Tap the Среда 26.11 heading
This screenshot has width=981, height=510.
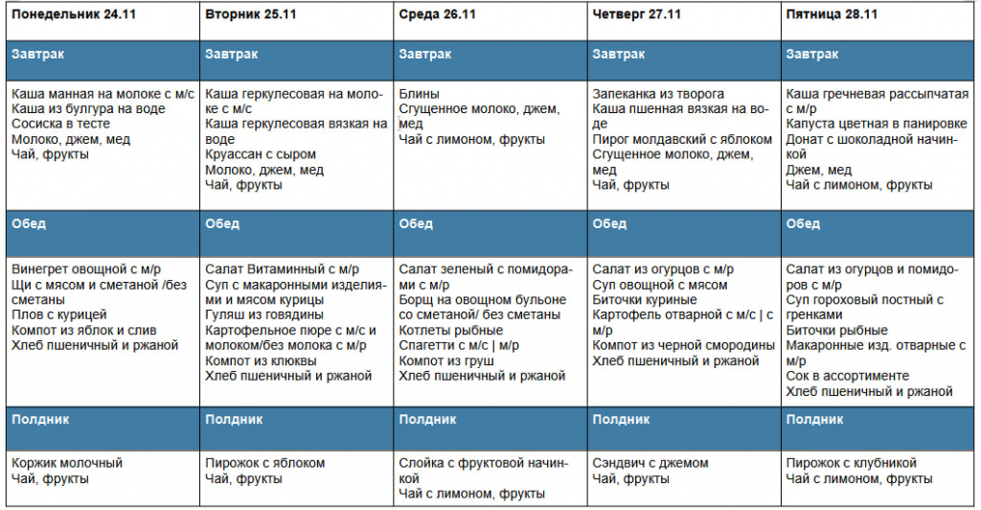(x=438, y=14)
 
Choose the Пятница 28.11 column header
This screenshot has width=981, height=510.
(x=831, y=14)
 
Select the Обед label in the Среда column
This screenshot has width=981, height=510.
(x=416, y=223)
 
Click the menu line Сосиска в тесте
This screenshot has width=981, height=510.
(x=60, y=124)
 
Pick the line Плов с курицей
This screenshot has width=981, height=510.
(x=58, y=314)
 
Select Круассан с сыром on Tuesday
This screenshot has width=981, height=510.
(x=261, y=154)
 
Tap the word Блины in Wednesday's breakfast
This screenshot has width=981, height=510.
(x=420, y=94)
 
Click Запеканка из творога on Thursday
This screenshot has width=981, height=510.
(x=658, y=94)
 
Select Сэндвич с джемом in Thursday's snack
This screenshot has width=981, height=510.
(x=650, y=463)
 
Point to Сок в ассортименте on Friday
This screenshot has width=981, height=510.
(x=847, y=376)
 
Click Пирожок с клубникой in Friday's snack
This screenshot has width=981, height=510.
(x=851, y=463)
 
